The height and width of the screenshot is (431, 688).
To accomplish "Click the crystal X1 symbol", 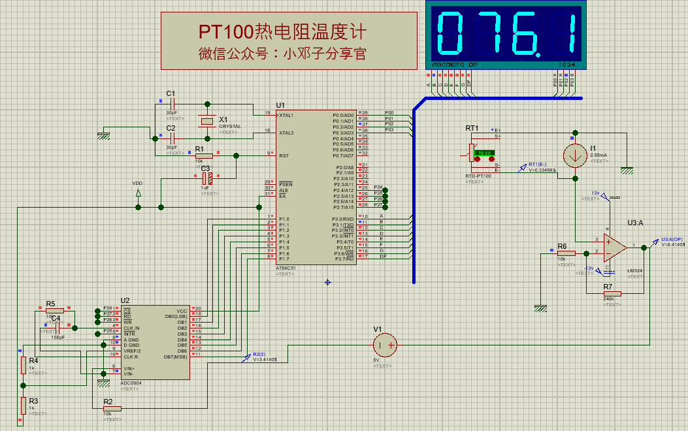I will click(x=207, y=121).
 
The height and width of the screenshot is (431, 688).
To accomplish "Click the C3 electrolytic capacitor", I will click(x=206, y=178).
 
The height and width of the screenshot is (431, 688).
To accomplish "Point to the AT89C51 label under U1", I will click(x=286, y=268).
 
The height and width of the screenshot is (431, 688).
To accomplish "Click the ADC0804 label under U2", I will click(x=130, y=383).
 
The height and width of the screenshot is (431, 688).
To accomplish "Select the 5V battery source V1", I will click(x=385, y=343).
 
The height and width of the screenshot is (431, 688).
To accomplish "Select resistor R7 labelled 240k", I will click(x=612, y=294).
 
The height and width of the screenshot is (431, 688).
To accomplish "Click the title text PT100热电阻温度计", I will click(x=282, y=31).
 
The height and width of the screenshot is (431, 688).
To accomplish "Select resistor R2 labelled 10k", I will click(x=112, y=408).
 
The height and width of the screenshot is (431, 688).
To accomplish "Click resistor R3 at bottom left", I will click(x=23, y=404).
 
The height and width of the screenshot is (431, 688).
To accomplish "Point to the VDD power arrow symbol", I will click(x=138, y=193).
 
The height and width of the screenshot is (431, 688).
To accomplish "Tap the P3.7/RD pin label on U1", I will click(x=344, y=259).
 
